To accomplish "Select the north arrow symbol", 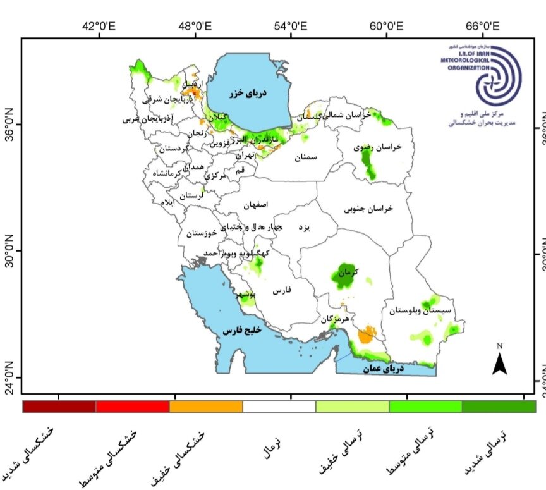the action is pos(500,361).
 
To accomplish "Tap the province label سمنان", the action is pos(304,157).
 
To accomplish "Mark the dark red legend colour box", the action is pos(59,407).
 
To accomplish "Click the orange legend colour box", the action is pos(206,407).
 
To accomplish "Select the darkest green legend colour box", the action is pos(499,407).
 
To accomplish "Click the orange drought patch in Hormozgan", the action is pos(365,336).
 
